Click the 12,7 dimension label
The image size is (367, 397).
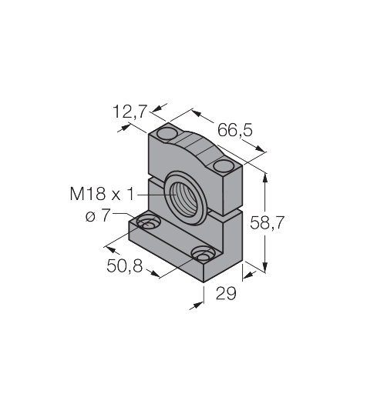[130, 112]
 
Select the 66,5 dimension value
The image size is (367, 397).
[235, 130]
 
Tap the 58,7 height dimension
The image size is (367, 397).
[267, 222]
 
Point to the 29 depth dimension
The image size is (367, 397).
[226, 293]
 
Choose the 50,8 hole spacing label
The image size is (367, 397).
[125, 265]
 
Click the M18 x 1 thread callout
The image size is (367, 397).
[102, 194]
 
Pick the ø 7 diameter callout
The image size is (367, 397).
[98, 215]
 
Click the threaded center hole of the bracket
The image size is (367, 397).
[186, 198]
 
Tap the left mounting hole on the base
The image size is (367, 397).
[148, 222]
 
